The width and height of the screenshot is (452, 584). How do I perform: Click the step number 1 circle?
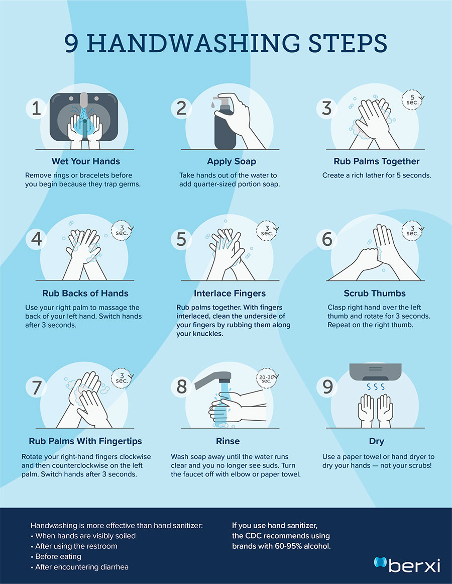(36, 109)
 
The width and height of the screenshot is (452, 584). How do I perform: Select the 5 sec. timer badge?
(412, 100)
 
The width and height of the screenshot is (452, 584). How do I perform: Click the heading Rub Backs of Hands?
(85, 294)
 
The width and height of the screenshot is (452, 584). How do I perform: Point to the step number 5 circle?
(181, 239)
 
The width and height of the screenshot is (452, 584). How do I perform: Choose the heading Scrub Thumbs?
(375, 294)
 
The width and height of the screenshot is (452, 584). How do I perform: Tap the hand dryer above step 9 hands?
(375, 372)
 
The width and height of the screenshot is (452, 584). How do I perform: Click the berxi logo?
(407, 564)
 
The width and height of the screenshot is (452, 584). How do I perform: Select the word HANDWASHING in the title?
(193, 43)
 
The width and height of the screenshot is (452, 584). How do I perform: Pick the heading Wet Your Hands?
(86, 161)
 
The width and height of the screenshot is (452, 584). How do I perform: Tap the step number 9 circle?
(327, 386)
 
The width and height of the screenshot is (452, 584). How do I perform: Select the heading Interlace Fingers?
(230, 294)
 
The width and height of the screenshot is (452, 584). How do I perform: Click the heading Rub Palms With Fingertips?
(85, 441)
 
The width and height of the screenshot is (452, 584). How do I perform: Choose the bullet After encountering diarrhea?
(80, 567)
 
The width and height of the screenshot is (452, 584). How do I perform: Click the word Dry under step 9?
(377, 441)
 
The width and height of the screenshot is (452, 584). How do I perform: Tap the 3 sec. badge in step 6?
(412, 231)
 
